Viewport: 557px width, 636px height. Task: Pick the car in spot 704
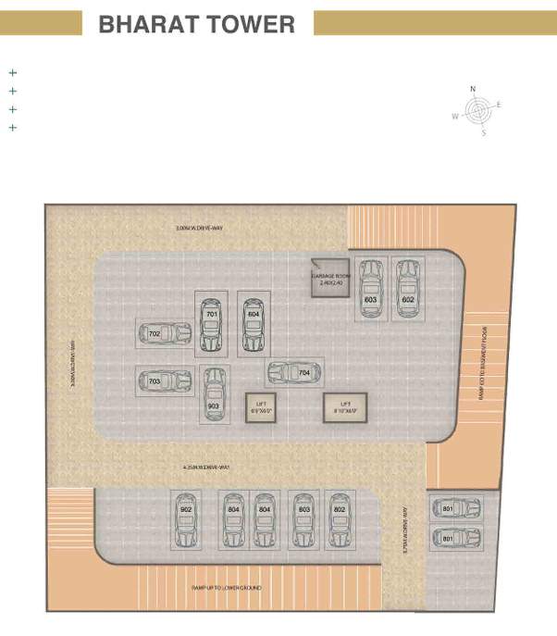tap(294, 373)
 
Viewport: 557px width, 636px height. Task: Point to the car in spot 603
tap(371, 289)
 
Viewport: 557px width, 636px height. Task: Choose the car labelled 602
tap(408, 289)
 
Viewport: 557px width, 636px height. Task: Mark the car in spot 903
tap(214, 394)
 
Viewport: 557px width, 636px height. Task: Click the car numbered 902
tap(186, 520)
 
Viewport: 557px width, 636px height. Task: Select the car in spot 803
tap(303, 520)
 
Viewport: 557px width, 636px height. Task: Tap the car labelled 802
tap(340, 520)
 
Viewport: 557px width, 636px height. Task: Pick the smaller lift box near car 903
tap(261, 407)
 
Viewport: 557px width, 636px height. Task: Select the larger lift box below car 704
tap(345, 408)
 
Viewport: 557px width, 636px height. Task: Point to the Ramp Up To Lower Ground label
tap(227, 588)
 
